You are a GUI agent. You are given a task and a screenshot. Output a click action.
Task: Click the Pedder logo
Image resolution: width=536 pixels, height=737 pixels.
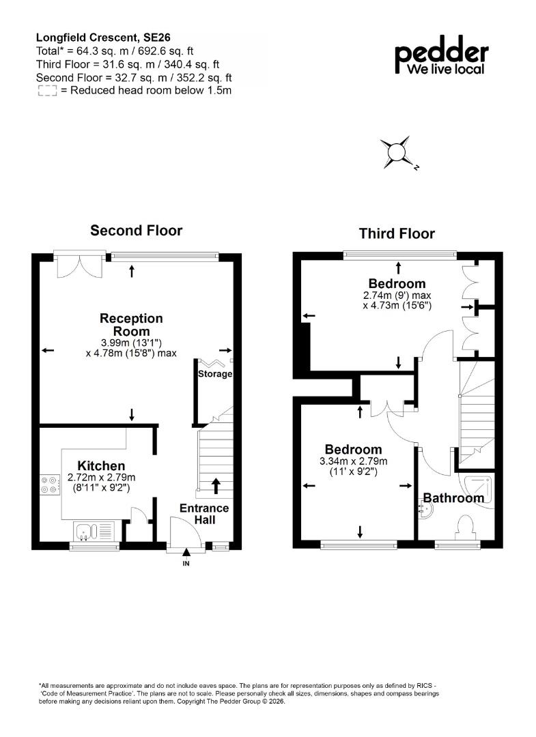pos(442,55)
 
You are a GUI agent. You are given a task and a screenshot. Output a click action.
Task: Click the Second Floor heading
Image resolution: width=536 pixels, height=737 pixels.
pos(137,231)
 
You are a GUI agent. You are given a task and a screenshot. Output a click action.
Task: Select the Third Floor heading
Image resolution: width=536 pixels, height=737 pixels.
pos(397,233)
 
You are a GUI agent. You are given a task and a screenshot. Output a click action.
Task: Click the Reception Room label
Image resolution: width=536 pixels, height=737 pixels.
pos(131,325)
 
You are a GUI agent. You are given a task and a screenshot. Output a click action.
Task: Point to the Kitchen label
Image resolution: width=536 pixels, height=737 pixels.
pos(101,466)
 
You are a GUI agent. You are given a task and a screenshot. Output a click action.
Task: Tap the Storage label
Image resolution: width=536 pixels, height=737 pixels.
pos(215,374)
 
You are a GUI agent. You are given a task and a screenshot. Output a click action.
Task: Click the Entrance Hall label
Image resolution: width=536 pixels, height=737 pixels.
pos(204,514)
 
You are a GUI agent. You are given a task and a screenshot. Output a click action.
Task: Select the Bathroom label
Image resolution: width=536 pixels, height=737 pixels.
pos(453,497)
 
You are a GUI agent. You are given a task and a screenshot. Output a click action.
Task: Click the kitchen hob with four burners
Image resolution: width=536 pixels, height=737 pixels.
pos(51,485)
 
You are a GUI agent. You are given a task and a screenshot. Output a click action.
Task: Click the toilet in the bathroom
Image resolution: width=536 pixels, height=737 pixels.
pos(464,528)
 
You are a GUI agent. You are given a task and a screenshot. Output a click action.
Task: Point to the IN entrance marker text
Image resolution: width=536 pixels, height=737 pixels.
pos(186,564)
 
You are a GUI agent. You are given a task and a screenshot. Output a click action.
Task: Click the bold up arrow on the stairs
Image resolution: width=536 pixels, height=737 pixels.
pos(216,486)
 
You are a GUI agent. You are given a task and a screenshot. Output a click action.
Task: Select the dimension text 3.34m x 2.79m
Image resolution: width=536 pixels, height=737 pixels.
pos(354,461)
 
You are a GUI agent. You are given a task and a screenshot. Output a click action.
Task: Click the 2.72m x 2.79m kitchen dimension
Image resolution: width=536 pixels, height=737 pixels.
pos(101,478)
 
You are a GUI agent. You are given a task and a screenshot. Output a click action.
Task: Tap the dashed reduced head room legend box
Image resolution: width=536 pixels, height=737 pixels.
pos(47,91)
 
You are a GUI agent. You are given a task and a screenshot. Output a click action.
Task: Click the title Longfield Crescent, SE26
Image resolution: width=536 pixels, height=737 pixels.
pos(103,38)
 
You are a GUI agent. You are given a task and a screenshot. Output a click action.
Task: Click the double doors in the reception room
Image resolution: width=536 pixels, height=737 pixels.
pos(79,266)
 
